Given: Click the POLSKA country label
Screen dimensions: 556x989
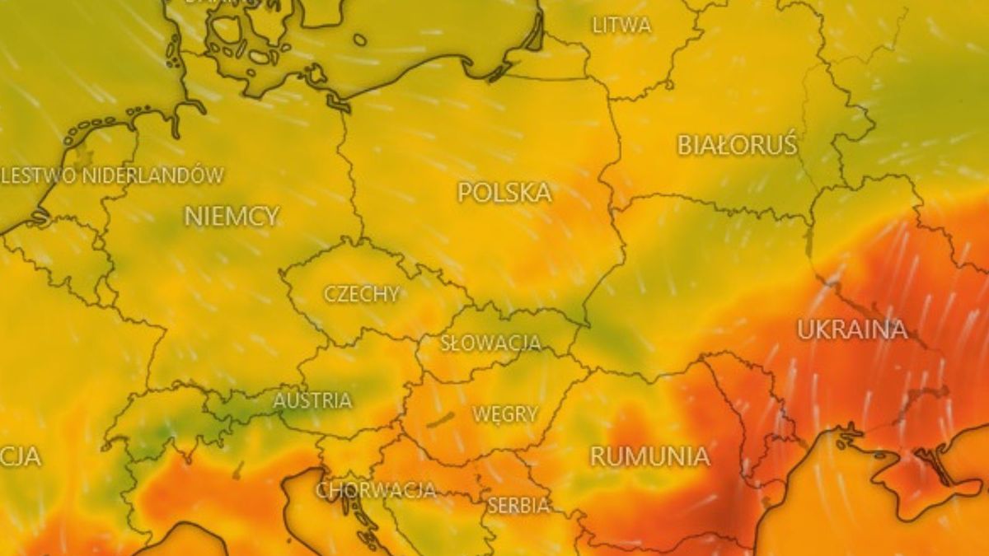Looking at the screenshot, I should click(504, 193).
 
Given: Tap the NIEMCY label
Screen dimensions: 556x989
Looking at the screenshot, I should click(232, 217).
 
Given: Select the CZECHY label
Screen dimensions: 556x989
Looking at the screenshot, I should click(362, 294).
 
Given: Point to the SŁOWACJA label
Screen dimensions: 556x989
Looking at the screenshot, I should click(490, 343).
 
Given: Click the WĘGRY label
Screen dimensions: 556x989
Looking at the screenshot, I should click(505, 413).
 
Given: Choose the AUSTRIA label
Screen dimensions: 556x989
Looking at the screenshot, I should click(312, 401).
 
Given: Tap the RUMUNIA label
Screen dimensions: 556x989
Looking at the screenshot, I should click(649, 456).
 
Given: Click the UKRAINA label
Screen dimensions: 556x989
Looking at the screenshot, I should click(852, 329).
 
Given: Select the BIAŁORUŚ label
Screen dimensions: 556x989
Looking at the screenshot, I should click(738, 146).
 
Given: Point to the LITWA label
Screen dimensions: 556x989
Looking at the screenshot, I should click(621, 26).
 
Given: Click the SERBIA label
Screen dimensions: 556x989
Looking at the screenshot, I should click(518, 505).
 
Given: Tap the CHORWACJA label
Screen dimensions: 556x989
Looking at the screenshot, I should click(376, 490).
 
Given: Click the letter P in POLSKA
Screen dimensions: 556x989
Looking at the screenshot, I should click(466, 193).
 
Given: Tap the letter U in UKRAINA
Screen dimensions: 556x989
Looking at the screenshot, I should click(804, 329).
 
